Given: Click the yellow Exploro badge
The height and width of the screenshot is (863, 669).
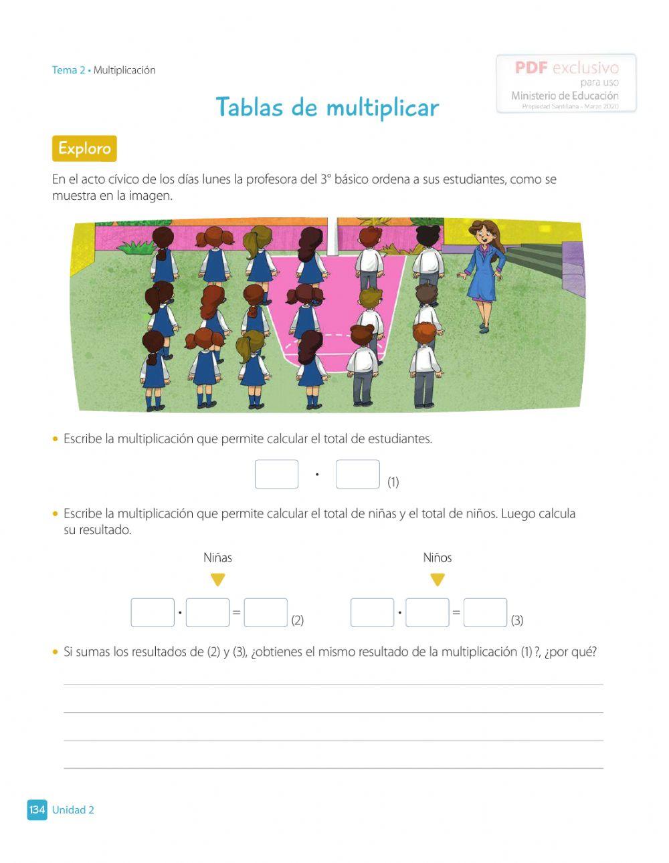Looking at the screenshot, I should click(x=84, y=148).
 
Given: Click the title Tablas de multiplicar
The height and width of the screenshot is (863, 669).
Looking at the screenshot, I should click(x=327, y=108).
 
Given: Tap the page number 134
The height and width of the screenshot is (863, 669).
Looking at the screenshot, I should click(x=37, y=810).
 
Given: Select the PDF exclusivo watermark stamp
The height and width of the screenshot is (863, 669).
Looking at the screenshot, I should click(x=566, y=84).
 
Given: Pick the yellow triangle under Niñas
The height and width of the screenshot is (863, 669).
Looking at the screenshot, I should click(x=218, y=580).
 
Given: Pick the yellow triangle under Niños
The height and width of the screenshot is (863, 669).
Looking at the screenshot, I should click(x=438, y=580).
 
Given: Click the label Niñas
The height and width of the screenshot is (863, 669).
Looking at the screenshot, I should click(x=218, y=558).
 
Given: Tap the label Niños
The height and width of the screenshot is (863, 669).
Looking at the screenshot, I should click(x=438, y=558).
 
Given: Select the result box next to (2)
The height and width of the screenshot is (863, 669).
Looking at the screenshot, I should click(x=266, y=612).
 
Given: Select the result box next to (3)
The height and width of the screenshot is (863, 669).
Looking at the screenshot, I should click(x=485, y=612).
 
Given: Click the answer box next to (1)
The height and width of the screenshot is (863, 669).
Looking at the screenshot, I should click(x=358, y=474).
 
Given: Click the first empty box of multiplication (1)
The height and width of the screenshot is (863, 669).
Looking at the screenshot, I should click(x=276, y=474).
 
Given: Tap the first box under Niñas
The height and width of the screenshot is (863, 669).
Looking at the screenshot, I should click(x=153, y=612).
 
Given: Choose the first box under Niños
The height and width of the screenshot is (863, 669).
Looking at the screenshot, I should click(x=372, y=612).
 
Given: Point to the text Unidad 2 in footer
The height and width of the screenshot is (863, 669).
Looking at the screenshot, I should click(x=73, y=810).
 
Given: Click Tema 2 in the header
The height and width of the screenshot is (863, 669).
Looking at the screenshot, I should click(x=68, y=70).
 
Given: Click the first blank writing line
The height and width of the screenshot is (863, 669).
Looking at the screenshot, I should click(x=333, y=683).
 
